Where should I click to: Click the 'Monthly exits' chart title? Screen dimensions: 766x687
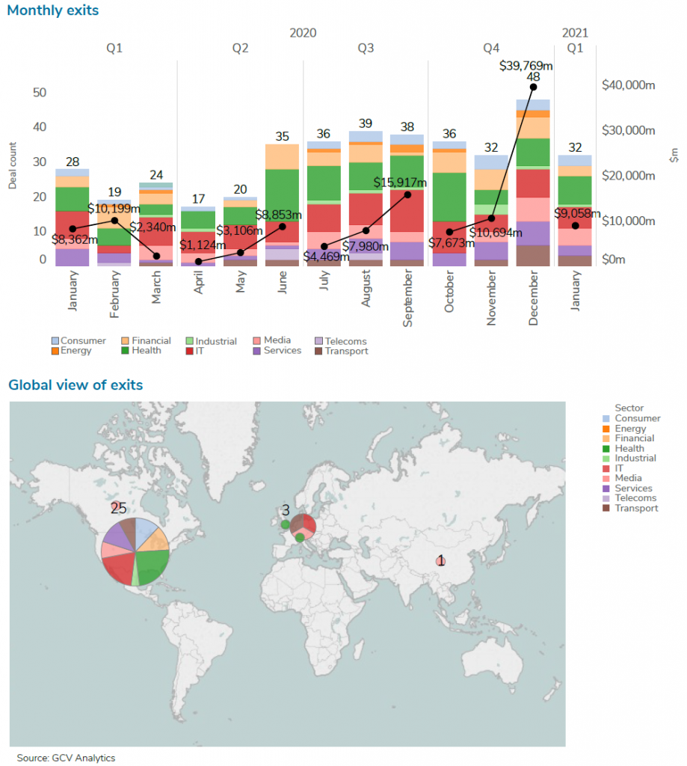53,11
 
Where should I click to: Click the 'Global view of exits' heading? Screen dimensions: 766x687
76,385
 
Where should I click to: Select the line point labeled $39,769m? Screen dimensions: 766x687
533,88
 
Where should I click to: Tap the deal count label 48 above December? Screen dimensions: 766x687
533,76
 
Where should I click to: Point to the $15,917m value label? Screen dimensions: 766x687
401,183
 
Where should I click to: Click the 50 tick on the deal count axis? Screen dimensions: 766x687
39,93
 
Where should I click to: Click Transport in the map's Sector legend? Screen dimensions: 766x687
635,509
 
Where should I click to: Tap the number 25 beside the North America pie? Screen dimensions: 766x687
118,509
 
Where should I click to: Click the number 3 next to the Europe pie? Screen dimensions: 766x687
286,510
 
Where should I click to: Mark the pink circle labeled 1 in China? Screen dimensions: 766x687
441,561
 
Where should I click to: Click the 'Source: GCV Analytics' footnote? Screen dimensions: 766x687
67,758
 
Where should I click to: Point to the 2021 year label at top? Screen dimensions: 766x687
575,33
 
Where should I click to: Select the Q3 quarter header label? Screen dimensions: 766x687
366,49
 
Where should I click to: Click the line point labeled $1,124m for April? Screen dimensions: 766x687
198,261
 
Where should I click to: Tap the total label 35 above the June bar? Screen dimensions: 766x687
282,137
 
